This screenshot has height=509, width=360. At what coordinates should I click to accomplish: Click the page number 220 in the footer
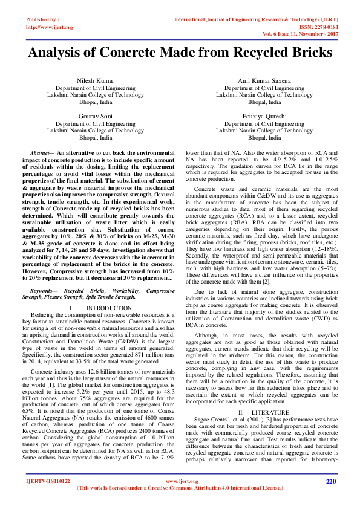click(x=330, y=481)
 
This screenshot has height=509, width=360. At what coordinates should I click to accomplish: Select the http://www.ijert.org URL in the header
click(x=50, y=27)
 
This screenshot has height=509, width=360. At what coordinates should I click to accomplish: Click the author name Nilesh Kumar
click(x=95, y=80)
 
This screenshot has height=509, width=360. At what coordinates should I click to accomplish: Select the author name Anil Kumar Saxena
click(x=264, y=80)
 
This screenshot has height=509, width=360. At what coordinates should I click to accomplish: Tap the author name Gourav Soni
click(x=95, y=115)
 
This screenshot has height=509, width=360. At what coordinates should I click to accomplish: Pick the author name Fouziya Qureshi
click(x=264, y=115)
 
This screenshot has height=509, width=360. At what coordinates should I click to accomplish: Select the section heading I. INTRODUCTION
click(x=96, y=308)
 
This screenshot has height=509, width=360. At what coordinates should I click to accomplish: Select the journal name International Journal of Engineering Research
click(x=242, y=20)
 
